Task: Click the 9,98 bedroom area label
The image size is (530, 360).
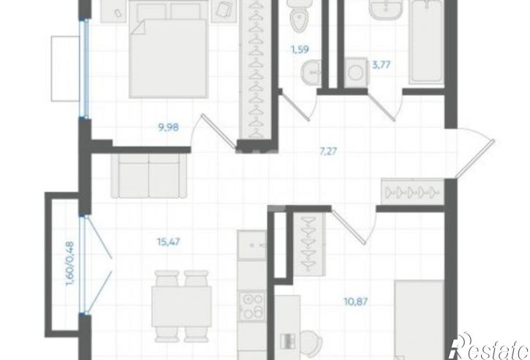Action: [x=168, y=127]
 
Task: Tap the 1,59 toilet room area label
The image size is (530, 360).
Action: [x=300, y=50]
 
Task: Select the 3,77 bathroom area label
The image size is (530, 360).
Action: [x=382, y=64]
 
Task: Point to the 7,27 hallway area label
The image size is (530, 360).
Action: [x=328, y=151]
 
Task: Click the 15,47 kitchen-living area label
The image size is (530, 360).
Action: [x=168, y=242]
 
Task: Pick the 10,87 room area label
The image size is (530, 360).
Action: [x=355, y=301]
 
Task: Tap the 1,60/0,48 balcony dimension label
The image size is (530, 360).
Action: [x=70, y=263]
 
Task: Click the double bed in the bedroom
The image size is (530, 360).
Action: [x=168, y=50]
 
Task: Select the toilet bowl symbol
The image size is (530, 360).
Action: [x=298, y=16]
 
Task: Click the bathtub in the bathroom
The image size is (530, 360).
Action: [x=426, y=41]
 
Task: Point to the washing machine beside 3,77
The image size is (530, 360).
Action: [x=356, y=72]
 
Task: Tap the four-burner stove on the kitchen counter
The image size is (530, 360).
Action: [x=251, y=307]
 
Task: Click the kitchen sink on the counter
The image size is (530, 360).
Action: [x=251, y=245]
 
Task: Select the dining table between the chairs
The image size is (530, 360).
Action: [x=181, y=307]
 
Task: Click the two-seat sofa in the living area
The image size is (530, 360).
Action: [x=149, y=176]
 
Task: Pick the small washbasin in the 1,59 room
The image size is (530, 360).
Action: [x=311, y=72]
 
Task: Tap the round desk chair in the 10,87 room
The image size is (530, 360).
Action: [x=311, y=342]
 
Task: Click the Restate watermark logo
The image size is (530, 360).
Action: [x=491, y=347]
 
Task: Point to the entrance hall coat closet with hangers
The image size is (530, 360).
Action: [x=412, y=192]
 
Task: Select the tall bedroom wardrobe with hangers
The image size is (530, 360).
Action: [x=256, y=70]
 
